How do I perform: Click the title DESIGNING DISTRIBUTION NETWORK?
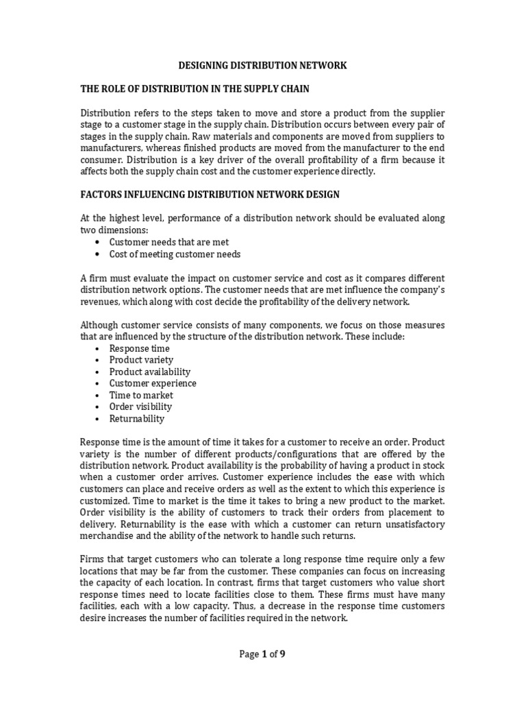(262, 66)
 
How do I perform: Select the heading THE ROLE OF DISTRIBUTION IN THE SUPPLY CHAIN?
(206, 89)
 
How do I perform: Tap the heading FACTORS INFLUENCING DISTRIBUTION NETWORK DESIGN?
(210, 195)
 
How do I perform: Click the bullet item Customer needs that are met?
(169, 242)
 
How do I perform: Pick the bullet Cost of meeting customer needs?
(175, 254)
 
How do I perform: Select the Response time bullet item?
(139, 348)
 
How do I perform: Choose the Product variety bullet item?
(141, 360)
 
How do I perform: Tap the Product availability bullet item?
(150, 372)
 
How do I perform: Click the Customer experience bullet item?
(153, 383)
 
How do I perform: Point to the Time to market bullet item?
(141, 395)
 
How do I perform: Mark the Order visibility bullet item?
(140, 407)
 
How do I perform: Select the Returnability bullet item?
(137, 418)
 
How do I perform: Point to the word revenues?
(101, 301)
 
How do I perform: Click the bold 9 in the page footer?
(282, 654)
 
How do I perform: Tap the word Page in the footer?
(249, 654)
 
